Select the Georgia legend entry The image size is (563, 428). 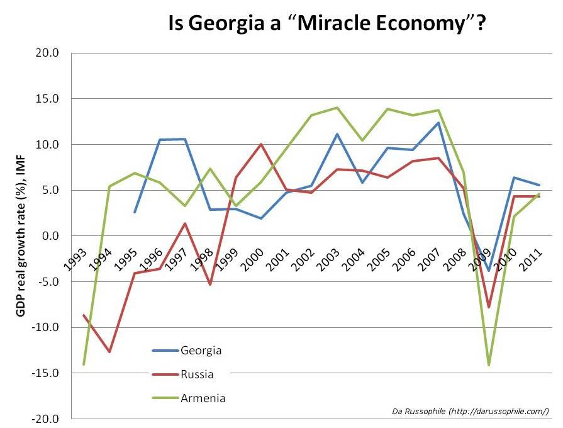pyautogui.click(x=201, y=350)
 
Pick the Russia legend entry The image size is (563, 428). pyautogui.click(x=196, y=374)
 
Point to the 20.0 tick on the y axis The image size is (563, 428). pyautogui.click(x=47, y=53)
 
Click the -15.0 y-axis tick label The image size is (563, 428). pyautogui.click(x=46, y=373)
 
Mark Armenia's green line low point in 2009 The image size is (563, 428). pyautogui.click(x=488, y=365)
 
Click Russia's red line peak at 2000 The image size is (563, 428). pyautogui.click(x=260, y=144)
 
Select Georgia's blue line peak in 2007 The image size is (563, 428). pyautogui.click(x=438, y=123)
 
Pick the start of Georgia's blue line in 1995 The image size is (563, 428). pyautogui.click(x=135, y=212)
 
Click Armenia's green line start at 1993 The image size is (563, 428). pyautogui.click(x=84, y=364)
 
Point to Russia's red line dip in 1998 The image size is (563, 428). pyautogui.click(x=210, y=284)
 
